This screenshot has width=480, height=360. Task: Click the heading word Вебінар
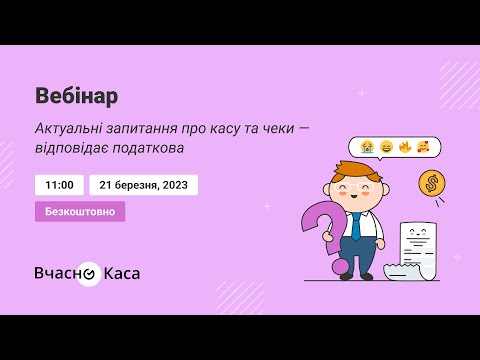tap(76, 96)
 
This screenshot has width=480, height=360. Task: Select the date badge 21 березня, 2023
tap(143, 185)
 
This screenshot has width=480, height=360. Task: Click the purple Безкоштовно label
tap(80, 212)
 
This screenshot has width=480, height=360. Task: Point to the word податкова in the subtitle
tap(151, 148)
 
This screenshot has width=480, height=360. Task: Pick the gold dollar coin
tap(433, 183)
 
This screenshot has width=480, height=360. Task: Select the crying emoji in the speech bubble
tap(368, 147)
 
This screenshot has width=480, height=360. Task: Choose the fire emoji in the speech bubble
tap(404, 147)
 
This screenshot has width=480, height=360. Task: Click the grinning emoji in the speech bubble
tap(386, 147)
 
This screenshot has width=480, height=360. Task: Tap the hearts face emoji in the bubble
tap(422, 147)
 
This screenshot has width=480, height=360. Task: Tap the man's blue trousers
tap(356, 259)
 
